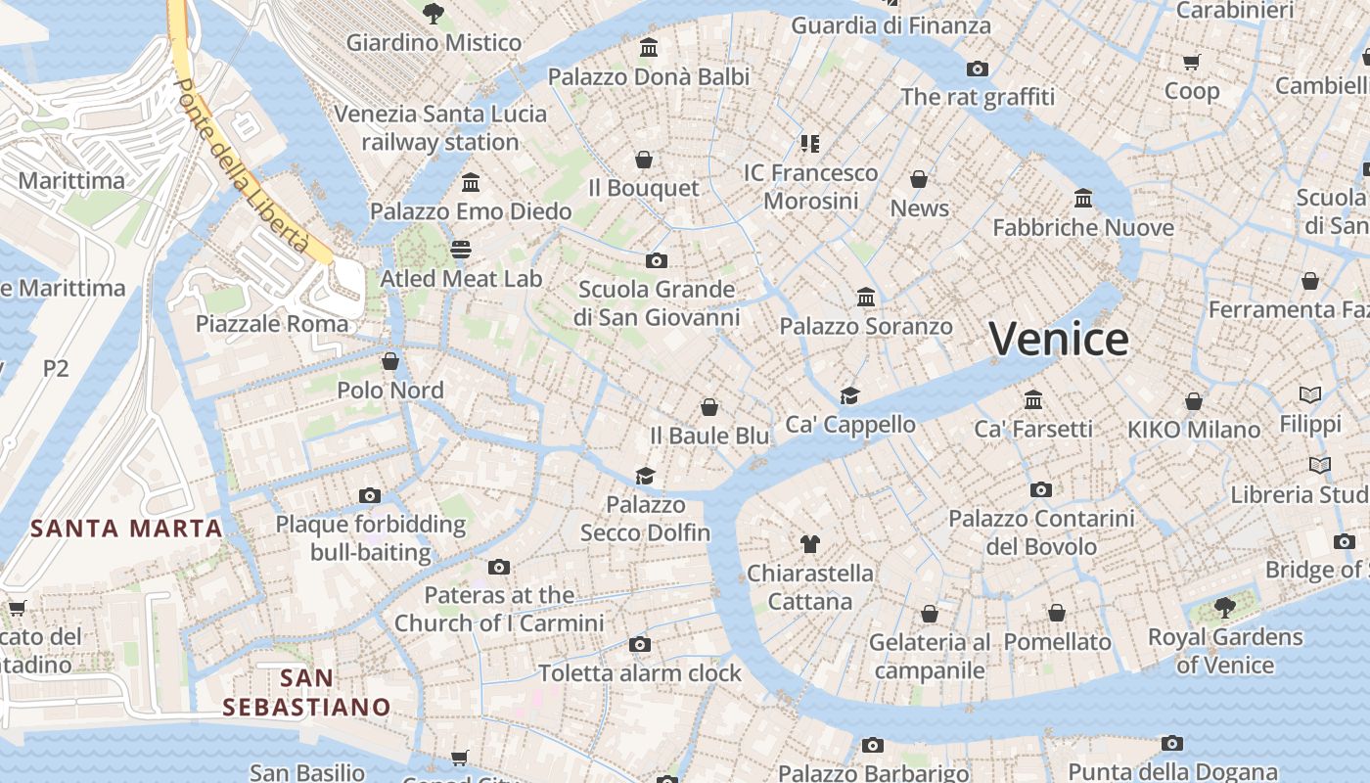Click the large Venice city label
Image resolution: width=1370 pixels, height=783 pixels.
pos(1058,340)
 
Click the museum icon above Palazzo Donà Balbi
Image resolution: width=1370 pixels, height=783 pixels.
pos(648,47)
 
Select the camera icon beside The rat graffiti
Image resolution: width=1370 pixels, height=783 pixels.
pos(977,69)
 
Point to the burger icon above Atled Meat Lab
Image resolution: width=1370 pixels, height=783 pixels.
pos(461,249)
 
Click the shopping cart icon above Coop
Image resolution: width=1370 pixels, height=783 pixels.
pos(1191,63)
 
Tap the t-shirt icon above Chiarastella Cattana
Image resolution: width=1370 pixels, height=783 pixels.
pos(809,543)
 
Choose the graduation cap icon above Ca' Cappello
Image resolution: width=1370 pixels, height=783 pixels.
pos(849,395)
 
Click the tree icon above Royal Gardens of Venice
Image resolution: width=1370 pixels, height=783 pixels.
pos(1224,608)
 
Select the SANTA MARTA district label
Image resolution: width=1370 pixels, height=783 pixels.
pos(126,530)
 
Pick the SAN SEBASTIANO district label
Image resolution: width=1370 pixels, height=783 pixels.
pos(306,692)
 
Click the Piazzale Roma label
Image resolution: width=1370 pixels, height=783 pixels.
pos(272,324)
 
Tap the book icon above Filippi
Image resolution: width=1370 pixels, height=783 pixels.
pos(1310,395)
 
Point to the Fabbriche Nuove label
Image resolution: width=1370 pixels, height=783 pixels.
pos(1083,228)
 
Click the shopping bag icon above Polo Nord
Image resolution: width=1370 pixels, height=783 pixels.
pos(390,361)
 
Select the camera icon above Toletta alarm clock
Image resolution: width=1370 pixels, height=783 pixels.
pos(640,644)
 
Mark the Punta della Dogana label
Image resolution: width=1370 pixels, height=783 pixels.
pos(1172,772)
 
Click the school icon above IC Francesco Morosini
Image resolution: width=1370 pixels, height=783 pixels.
pos(810,144)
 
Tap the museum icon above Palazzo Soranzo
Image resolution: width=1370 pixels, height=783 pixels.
pos(866,297)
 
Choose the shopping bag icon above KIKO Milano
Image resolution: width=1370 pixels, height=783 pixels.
pos(1194,401)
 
